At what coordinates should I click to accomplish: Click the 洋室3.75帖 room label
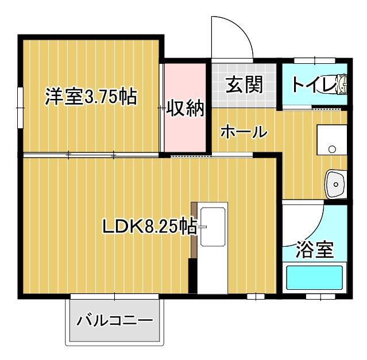click(x=91, y=97)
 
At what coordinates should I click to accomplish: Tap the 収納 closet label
click(x=185, y=108)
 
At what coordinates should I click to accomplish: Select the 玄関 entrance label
click(x=244, y=85)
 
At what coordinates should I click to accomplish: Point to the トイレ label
click(x=312, y=85)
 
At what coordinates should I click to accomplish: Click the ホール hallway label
click(x=244, y=132)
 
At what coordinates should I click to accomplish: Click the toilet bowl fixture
click(x=341, y=85)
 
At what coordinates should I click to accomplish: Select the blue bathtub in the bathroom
click(x=314, y=277)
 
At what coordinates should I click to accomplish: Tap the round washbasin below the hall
click(x=335, y=184)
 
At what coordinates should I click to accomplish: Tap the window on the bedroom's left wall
click(x=20, y=106)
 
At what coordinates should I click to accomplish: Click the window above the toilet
click(x=314, y=60)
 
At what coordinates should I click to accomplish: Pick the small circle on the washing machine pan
click(x=332, y=150)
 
